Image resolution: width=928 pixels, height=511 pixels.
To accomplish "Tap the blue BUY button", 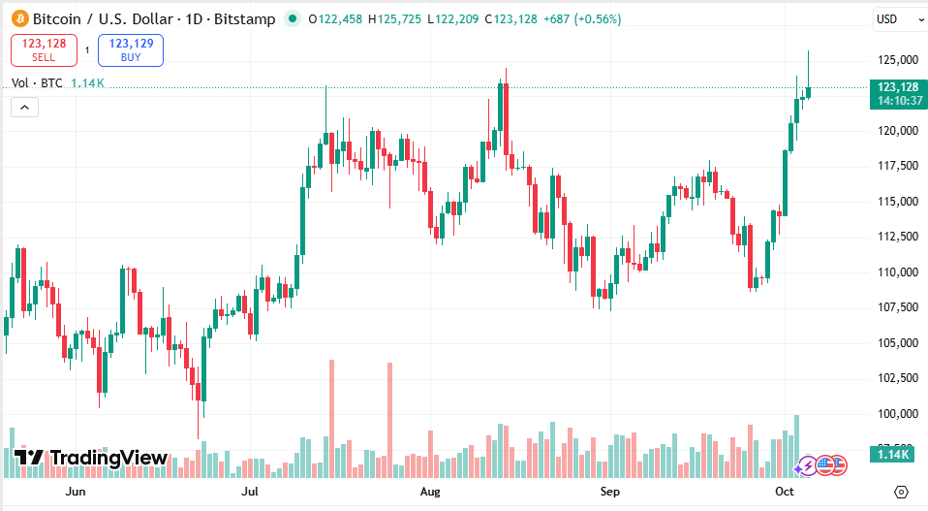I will click(x=131, y=49).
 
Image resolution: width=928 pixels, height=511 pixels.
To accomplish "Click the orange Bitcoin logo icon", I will click(x=19, y=19).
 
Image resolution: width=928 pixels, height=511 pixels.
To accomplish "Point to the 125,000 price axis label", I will click(x=897, y=60).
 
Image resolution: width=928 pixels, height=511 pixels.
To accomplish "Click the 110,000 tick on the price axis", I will click(x=897, y=272).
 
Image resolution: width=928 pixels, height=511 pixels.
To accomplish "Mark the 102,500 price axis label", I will click(x=897, y=378).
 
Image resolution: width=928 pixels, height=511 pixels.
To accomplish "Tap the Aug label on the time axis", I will click(x=431, y=492).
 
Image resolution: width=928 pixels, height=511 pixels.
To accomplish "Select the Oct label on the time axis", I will click(x=785, y=492).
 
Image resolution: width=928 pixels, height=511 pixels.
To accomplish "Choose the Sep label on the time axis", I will click(x=609, y=492).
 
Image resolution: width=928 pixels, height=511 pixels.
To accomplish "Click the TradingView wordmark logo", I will click(x=92, y=458).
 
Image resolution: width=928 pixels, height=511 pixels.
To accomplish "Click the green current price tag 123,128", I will click(x=898, y=87).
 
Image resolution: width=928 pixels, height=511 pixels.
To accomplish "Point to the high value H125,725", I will click(x=393, y=19).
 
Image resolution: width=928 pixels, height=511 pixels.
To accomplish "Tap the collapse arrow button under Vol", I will click(x=24, y=108).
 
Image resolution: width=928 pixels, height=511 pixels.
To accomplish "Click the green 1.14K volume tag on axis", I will click(x=893, y=455).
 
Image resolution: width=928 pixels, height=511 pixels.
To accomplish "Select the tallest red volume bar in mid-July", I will click(x=331, y=417).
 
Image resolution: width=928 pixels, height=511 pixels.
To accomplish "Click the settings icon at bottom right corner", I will click(x=903, y=491).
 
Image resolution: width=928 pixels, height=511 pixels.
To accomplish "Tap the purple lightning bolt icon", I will click(x=805, y=465).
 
